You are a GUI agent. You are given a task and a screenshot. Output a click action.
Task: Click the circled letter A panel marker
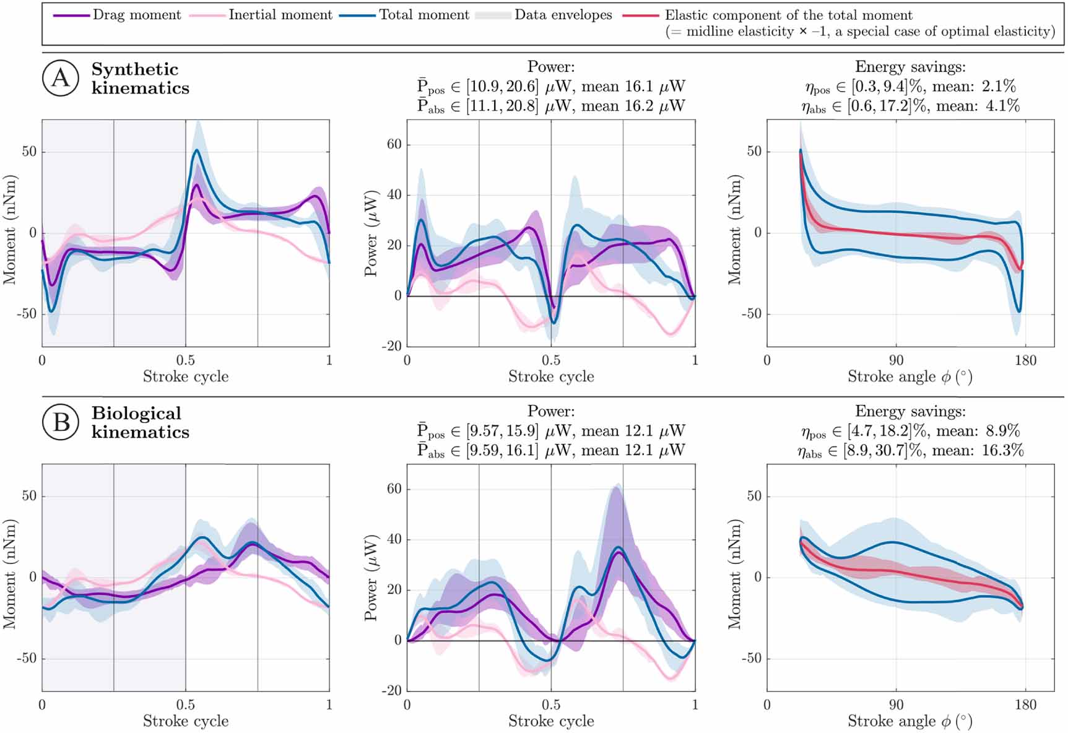click(x=60, y=78)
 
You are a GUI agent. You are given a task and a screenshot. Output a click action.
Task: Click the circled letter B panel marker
click(x=60, y=422)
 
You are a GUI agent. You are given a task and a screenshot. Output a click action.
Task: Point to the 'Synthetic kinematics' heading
click(x=140, y=79)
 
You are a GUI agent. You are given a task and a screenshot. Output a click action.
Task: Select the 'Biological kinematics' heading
click(x=140, y=423)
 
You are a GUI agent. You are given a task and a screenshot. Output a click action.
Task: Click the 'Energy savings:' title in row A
click(x=910, y=67)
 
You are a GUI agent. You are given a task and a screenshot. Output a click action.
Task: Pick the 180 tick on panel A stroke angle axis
click(x=1025, y=360)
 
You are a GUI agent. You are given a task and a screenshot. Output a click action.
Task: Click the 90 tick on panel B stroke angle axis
click(x=896, y=705)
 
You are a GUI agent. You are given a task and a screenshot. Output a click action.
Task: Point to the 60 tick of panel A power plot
click(x=394, y=145)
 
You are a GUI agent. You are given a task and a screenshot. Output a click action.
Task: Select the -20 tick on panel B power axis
click(x=390, y=691)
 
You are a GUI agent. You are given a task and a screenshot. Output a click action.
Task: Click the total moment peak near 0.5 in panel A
click(x=197, y=150)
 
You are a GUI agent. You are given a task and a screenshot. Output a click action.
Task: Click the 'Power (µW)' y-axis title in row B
click(x=371, y=578)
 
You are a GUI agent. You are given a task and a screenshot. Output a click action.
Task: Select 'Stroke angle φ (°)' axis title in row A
click(x=910, y=377)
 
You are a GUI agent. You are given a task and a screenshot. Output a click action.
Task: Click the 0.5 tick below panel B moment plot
click(x=185, y=705)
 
